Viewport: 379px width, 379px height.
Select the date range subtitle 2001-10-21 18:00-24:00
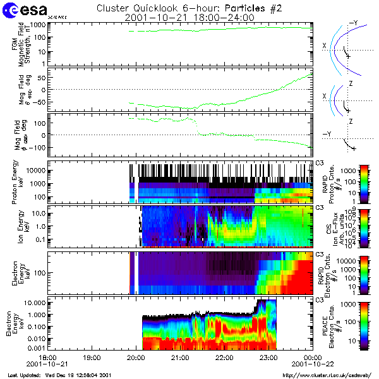[x=189, y=18]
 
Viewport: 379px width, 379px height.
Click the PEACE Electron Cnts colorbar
[x=363, y=325]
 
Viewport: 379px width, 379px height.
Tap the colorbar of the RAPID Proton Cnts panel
[x=363, y=183]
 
